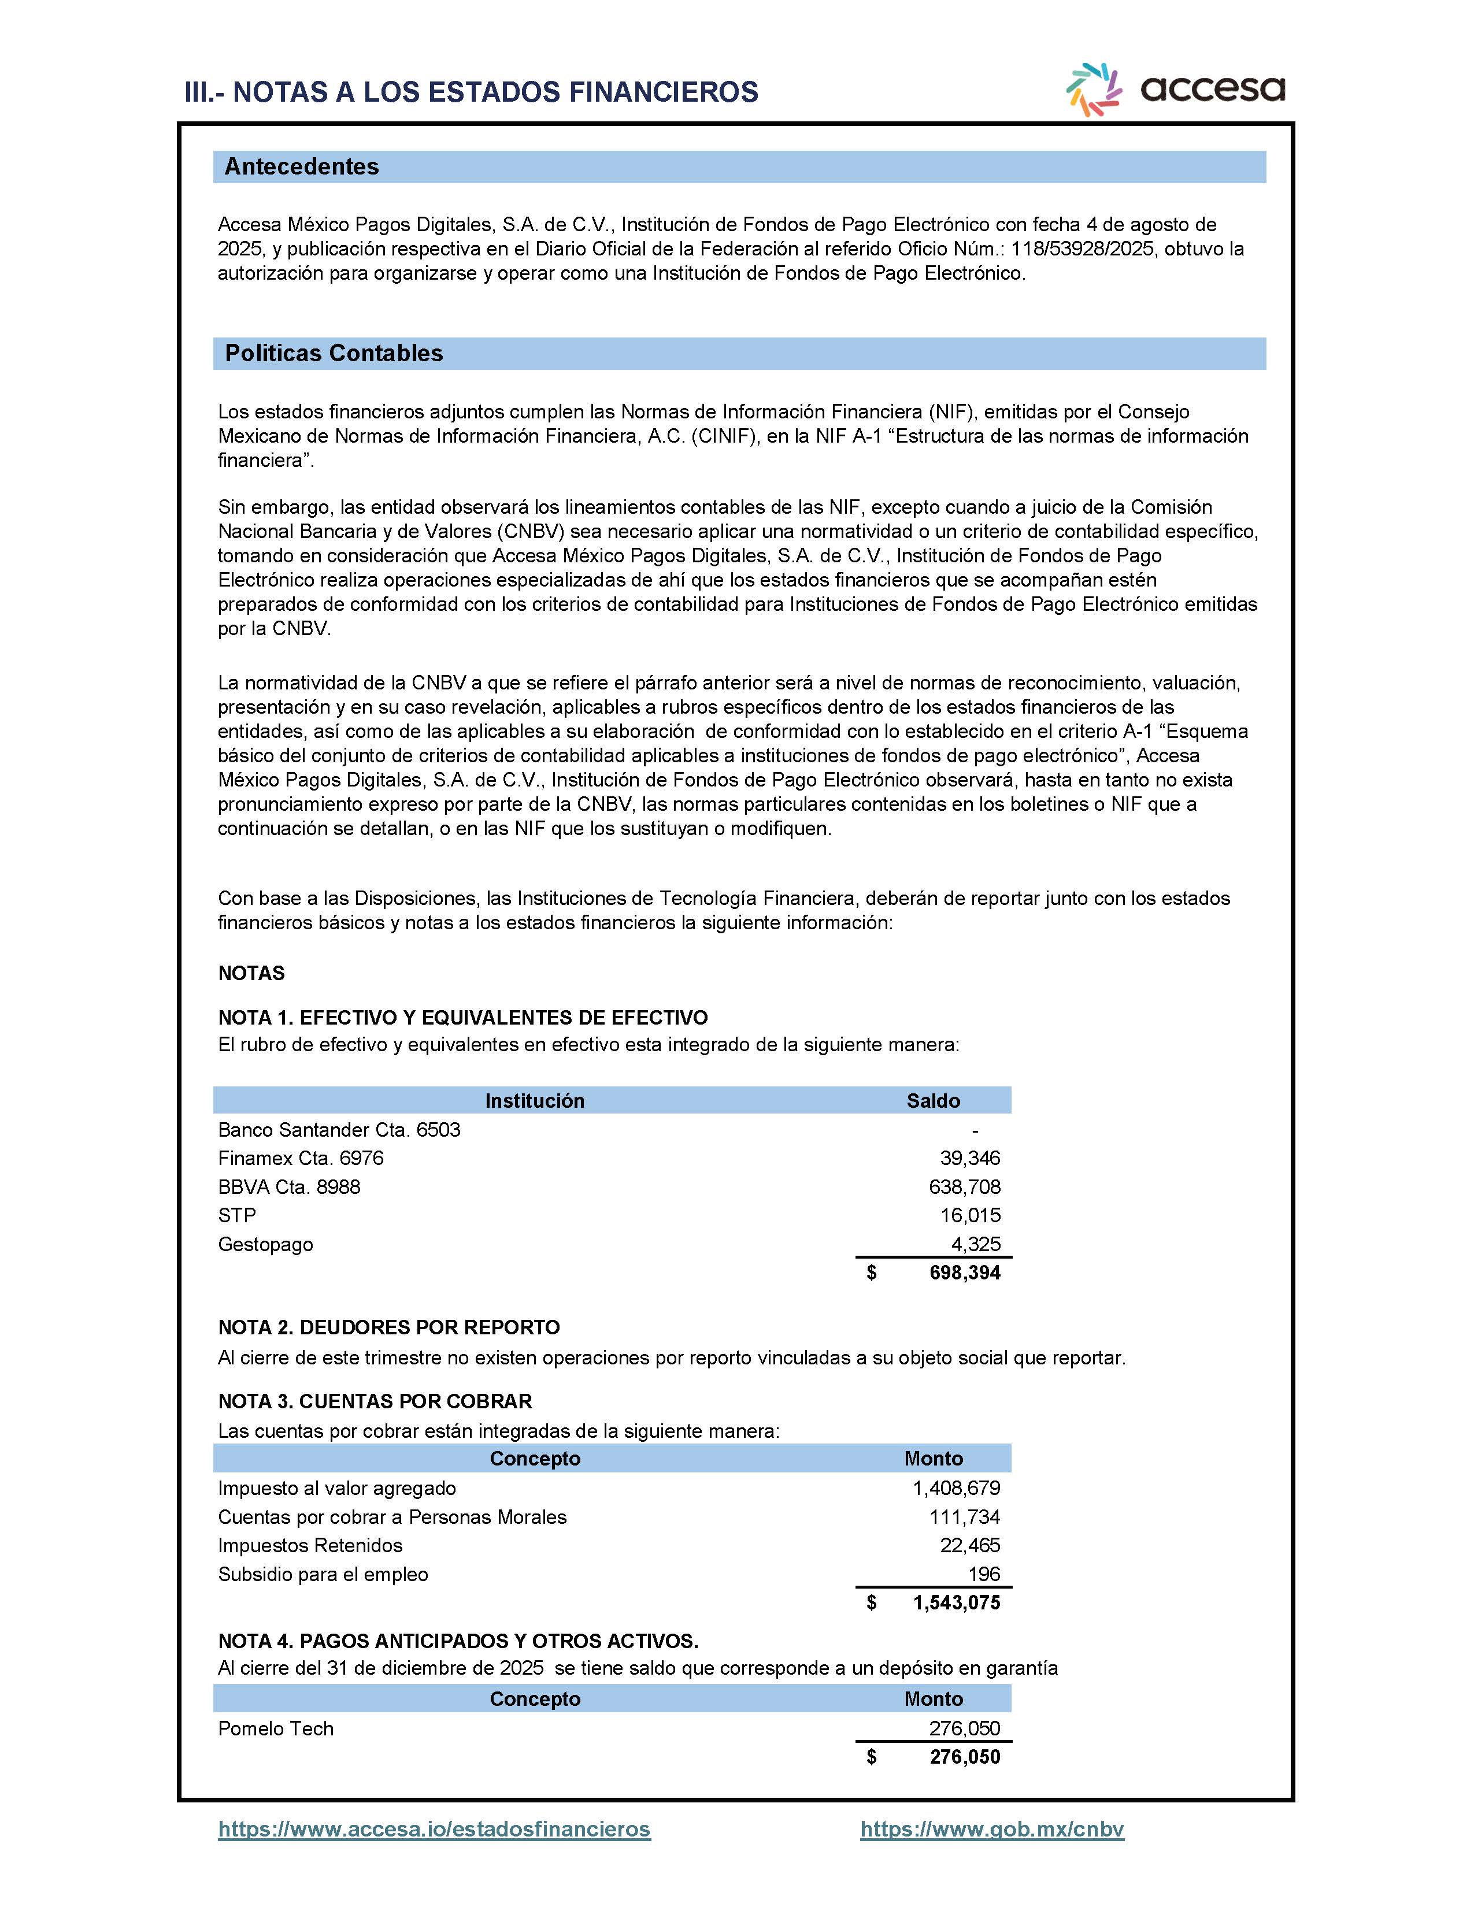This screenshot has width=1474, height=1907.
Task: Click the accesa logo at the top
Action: pyautogui.click(x=1175, y=89)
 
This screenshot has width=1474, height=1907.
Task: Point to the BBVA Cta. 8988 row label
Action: pyautogui.click(x=289, y=1186)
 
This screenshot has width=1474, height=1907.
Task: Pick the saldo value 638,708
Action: pyautogui.click(x=964, y=1186)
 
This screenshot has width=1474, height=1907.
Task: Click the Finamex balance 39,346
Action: pyautogui.click(x=969, y=1158)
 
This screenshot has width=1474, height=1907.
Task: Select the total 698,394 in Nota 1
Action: pyautogui.click(x=964, y=1272)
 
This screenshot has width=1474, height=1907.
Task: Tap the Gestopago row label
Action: pyautogui.click(x=265, y=1244)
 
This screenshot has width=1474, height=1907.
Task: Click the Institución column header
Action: pyautogui.click(x=535, y=1101)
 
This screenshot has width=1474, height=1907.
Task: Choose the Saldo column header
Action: pyautogui.click(x=932, y=1101)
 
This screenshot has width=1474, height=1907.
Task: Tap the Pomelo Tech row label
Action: pyautogui.click(x=276, y=1728)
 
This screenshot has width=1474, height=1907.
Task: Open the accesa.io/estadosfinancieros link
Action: pyautogui.click(x=434, y=1830)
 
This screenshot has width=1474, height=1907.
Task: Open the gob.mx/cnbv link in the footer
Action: pyautogui.click(x=992, y=1830)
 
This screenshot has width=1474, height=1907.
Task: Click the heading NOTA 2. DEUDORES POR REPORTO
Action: pyautogui.click(x=388, y=1327)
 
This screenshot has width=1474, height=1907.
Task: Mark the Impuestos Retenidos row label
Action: pyautogui.click(x=310, y=1545)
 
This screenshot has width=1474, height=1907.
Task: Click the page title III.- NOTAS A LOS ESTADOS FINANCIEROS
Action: pyautogui.click(x=472, y=92)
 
